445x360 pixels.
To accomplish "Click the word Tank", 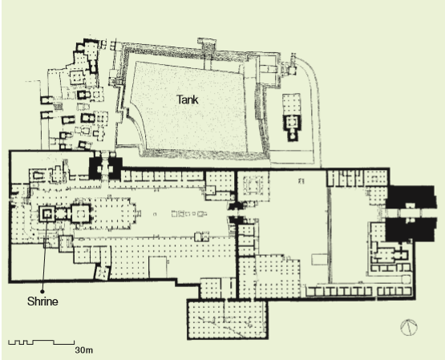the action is (188, 100).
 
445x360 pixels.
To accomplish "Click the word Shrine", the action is (42, 301).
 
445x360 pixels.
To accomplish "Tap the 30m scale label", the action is (83, 350).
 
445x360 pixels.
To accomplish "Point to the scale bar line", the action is (42, 342).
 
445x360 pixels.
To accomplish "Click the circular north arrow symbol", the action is (409, 327).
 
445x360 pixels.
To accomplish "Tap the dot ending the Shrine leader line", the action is (42, 291).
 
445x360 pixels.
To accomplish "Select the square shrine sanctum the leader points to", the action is (47, 213).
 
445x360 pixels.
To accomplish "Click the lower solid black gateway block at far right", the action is (410, 229).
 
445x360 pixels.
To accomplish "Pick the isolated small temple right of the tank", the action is (292, 117).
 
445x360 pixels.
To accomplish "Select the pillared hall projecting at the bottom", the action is (228, 319).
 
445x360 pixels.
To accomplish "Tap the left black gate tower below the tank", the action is (95, 168).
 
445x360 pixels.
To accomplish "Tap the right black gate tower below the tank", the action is (115, 168).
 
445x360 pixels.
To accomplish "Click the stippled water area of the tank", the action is (188, 107).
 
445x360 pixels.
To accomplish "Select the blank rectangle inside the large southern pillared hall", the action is (158, 267).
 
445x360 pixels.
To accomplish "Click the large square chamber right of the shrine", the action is (80, 213).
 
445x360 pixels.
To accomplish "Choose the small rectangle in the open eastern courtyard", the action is (319, 259).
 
